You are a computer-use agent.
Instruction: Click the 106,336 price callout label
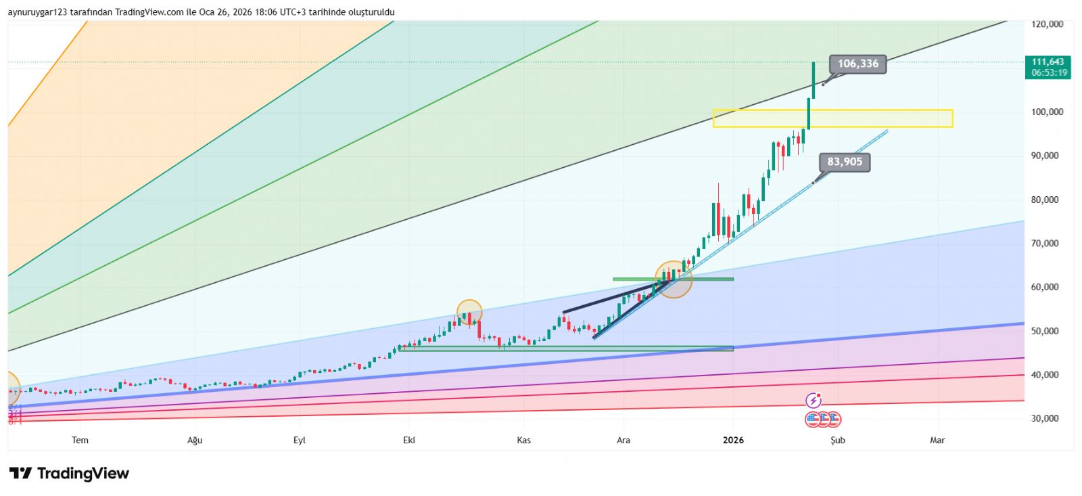(857, 64)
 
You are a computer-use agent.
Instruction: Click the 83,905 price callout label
(845, 162)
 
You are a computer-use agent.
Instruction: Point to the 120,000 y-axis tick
(1047, 24)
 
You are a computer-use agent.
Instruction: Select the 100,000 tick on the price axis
(1047, 112)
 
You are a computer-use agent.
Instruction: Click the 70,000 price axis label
(1045, 244)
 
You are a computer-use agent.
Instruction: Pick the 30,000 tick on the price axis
(1045, 419)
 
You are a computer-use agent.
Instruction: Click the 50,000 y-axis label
(1045, 332)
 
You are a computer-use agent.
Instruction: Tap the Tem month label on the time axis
(80, 441)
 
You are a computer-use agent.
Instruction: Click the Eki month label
(409, 441)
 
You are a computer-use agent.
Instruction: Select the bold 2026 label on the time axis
(733, 441)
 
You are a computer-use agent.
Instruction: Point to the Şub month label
(838, 441)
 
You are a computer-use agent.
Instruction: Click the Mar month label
(937, 441)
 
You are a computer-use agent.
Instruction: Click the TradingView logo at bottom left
(69, 474)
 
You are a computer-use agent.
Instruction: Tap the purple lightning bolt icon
(814, 401)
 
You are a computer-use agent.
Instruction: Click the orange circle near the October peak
(469, 313)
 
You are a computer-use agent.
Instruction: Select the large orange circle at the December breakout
(674, 279)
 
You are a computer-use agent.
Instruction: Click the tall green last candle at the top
(813, 80)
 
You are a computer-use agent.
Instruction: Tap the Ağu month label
(195, 441)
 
